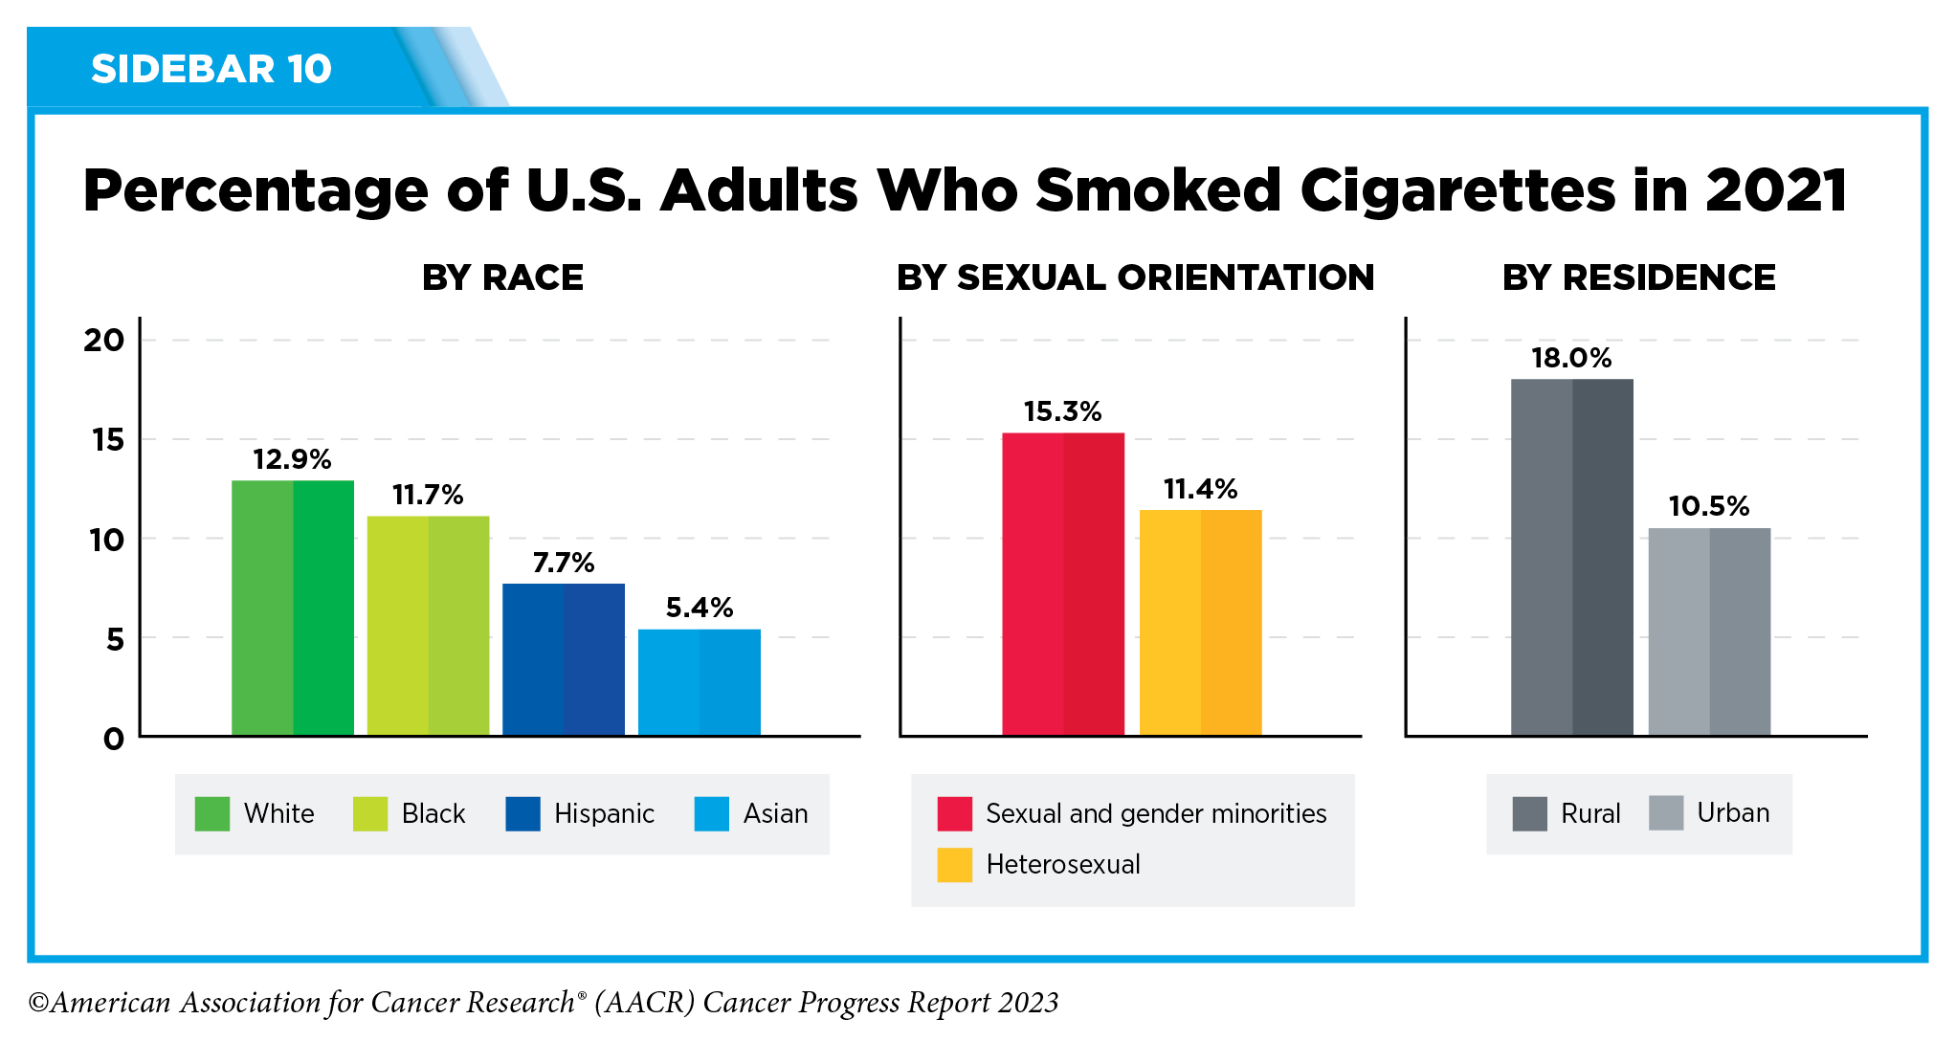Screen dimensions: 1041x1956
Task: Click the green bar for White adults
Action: tap(293, 608)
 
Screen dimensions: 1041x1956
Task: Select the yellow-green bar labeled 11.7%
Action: tap(428, 626)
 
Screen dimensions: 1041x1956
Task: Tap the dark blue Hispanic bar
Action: tap(564, 659)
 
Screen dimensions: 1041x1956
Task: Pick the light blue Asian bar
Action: tap(700, 682)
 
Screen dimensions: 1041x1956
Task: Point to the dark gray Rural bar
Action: tap(1572, 557)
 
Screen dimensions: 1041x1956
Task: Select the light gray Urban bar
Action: tap(1709, 631)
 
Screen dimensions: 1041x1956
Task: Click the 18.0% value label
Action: tap(1571, 358)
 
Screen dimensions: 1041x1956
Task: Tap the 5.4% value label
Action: tap(700, 608)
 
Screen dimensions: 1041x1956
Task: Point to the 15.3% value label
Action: tap(1062, 411)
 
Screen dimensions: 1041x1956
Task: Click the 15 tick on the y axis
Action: tap(108, 440)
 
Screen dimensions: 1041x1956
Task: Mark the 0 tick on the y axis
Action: tap(114, 739)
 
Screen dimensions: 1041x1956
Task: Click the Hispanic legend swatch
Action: tap(522, 813)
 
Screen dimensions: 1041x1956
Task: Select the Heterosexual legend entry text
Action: tap(1063, 865)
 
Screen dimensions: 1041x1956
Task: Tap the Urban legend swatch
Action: tap(1666, 813)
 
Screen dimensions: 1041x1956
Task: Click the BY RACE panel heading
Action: tap(502, 277)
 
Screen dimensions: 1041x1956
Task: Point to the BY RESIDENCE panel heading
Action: tap(1638, 277)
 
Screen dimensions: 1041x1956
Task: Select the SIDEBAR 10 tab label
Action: tap(211, 69)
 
